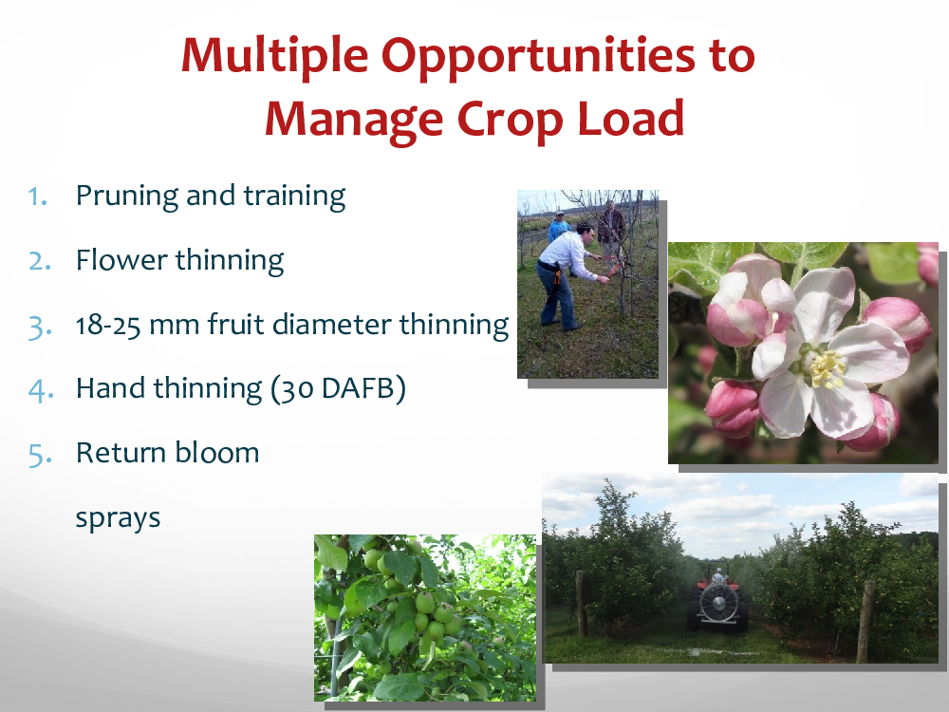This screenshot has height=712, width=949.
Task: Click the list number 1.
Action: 38,197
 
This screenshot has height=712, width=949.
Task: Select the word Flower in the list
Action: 121,260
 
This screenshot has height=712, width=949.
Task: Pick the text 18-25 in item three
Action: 108,325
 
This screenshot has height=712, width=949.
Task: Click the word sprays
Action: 118,519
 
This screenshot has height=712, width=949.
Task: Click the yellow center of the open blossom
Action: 826,368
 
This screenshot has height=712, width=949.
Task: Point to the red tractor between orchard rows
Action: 717,599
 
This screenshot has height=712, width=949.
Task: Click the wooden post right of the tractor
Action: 866,621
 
